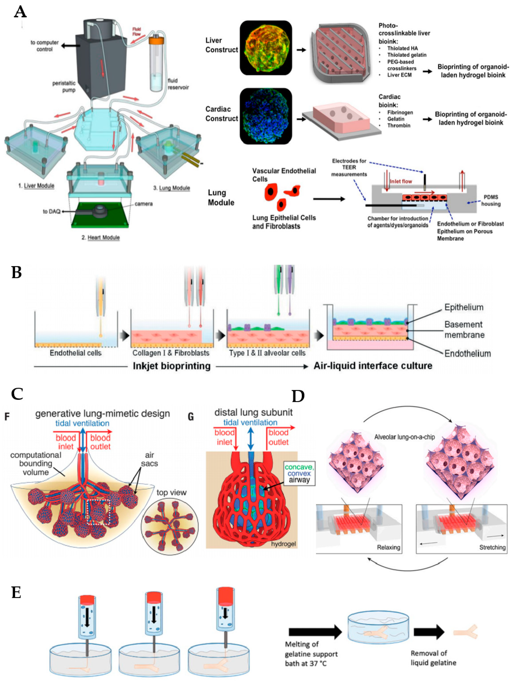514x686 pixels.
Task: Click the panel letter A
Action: pos(20,12)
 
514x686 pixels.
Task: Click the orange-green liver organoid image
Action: pos(266,48)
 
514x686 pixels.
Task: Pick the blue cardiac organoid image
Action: pos(266,116)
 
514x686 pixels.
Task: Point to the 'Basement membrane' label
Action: pos(464,329)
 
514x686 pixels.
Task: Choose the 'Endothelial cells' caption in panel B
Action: pos(76,353)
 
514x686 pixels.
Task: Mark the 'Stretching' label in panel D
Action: pos(492,547)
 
